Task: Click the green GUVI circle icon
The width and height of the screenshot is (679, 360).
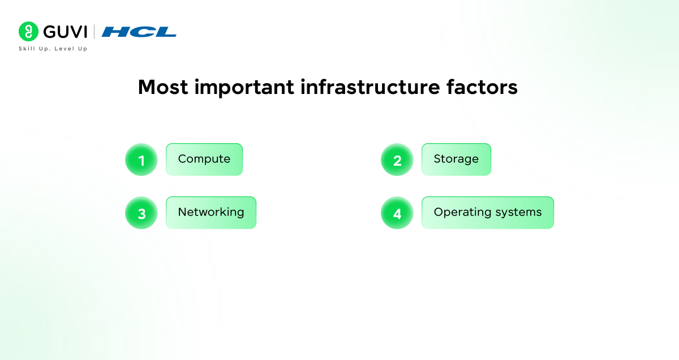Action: pos(28,31)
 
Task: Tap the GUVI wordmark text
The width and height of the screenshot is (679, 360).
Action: pos(65,32)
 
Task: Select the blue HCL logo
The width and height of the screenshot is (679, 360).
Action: pos(139,32)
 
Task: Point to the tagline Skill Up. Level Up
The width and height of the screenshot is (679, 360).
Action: pos(53,49)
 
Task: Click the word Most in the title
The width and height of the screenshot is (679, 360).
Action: pos(163,87)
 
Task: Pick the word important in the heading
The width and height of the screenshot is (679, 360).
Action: pos(244,88)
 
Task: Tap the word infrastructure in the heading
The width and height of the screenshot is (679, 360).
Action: pos(370,87)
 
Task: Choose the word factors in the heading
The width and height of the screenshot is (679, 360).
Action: pos(482,87)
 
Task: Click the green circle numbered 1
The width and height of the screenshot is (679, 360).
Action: pos(141,160)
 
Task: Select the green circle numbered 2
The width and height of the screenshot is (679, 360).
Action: pos(397,160)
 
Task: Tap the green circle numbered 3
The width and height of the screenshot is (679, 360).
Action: pos(141,213)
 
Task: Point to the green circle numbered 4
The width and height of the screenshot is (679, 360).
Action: pos(397,213)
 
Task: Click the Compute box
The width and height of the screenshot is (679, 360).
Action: pos(204,160)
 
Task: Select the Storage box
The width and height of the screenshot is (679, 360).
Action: pos(456,160)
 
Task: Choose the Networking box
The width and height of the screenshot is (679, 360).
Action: pos(211,213)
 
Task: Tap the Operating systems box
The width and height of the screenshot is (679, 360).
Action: pos(488,213)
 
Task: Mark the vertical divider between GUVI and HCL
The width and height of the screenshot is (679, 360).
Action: pos(94,32)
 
